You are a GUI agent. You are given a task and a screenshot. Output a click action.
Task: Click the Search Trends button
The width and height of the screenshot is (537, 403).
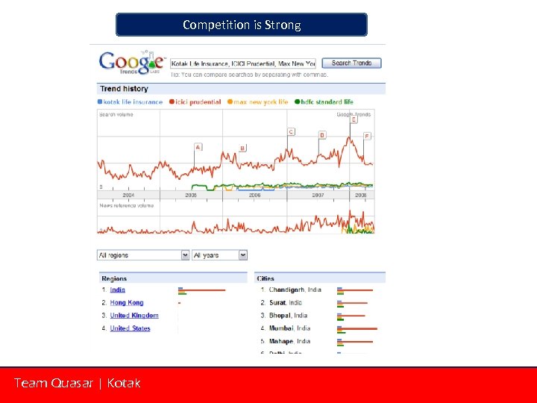coord(351,63)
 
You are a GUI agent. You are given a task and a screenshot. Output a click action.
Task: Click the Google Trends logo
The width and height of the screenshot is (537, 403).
coord(131,62)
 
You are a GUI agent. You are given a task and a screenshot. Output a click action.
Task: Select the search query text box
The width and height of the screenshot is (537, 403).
coord(243,63)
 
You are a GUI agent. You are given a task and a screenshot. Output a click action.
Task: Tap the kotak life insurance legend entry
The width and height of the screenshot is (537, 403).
coord(131,101)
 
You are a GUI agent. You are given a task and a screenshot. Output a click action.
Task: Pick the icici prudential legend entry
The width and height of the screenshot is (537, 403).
coord(196,101)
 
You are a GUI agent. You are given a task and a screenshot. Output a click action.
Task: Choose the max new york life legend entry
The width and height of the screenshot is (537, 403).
coord(258,101)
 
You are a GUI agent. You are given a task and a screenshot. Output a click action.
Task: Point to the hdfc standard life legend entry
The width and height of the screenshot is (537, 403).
coord(324,101)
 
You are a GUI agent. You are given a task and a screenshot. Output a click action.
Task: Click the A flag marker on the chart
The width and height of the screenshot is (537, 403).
coord(198,147)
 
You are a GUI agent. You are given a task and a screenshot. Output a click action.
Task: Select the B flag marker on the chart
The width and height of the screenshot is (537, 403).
coord(242,149)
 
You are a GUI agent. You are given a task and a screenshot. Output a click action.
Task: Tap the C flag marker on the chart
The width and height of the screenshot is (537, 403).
coord(291,132)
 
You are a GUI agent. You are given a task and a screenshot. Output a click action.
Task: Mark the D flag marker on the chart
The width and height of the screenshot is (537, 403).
coord(322,135)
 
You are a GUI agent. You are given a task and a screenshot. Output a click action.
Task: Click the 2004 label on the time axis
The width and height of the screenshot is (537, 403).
coord(128,195)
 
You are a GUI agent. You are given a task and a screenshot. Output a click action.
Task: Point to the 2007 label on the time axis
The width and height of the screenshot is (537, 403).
coord(318,195)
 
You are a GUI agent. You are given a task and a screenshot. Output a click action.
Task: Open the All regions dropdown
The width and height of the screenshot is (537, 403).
coord(143,255)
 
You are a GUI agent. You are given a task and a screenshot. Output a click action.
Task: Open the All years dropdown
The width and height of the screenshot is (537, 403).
coord(219,255)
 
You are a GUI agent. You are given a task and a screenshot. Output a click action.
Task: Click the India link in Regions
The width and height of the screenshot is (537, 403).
coord(118,290)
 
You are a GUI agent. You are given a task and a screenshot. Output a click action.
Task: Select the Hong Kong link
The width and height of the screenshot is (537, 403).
coord(127,302)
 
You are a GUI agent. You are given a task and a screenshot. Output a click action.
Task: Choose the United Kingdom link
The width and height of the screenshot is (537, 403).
coord(134,316)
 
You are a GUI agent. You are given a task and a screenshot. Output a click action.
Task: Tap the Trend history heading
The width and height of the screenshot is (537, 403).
coord(125,89)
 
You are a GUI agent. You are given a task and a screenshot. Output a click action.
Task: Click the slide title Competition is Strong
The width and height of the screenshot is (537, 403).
coord(242,25)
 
